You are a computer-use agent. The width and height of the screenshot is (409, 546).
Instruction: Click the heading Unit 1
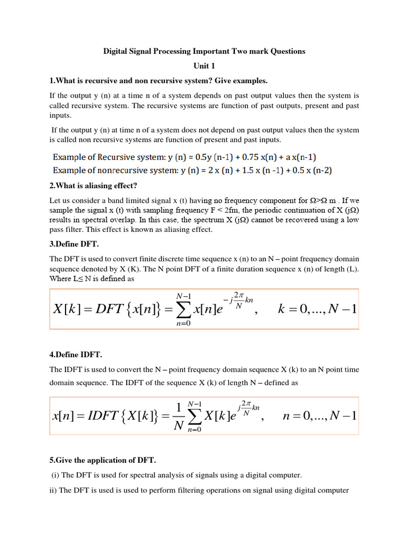[x=204, y=66]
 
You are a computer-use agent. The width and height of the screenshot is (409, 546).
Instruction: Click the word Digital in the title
[x=114, y=51]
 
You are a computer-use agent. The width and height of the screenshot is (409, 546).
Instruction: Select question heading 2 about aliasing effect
[x=93, y=186]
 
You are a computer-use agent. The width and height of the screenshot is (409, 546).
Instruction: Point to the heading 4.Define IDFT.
[x=77, y=355]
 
